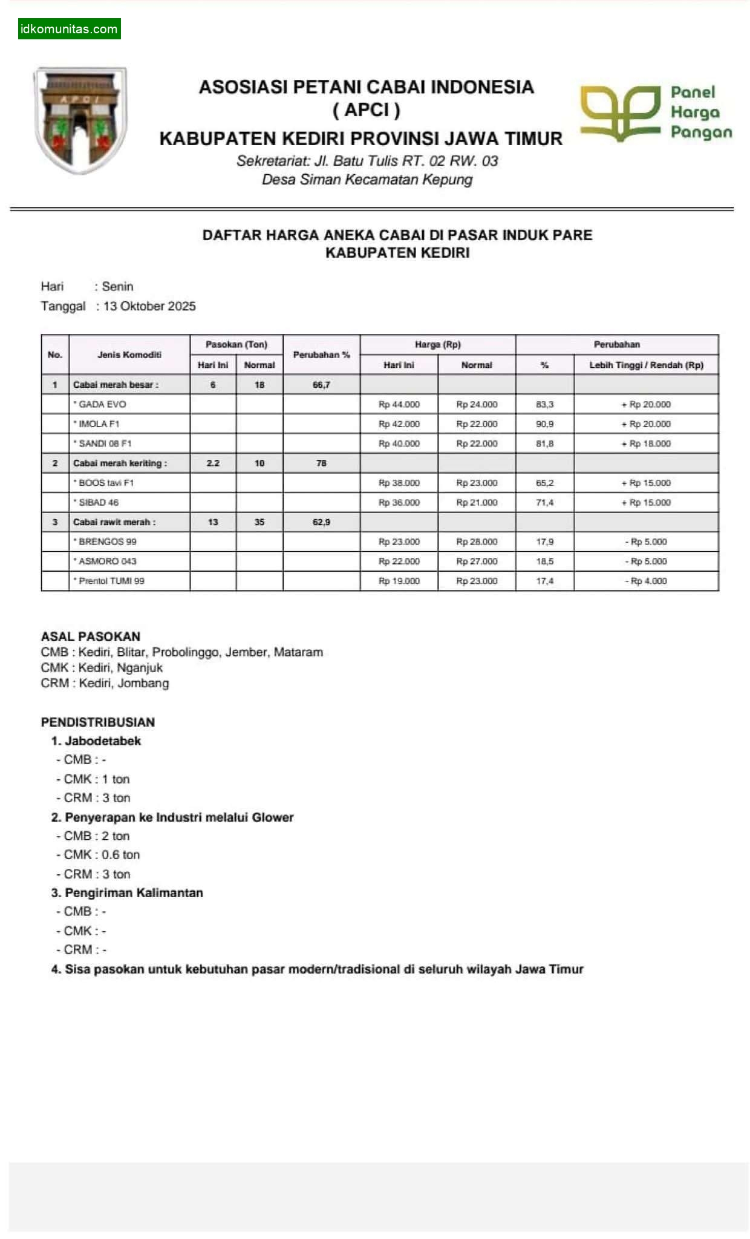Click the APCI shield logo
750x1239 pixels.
[80, 120]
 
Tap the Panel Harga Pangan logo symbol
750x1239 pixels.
[620, 113]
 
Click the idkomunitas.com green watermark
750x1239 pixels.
[69, 29]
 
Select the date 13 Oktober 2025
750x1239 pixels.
[149, 306]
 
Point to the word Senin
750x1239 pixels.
[117, 286]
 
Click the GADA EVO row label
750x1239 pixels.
[102, 404]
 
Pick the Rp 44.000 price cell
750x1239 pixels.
[399, 404]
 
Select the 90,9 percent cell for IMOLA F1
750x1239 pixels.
[544, 424]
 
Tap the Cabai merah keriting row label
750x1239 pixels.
[120, 463]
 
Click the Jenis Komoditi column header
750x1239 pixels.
[129, 355]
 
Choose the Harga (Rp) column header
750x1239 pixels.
[437, 344]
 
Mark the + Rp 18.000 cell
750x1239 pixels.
[646, 443]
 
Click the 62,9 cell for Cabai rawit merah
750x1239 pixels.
[321, 521]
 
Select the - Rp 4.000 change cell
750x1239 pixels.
[646, 581]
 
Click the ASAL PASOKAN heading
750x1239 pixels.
[91, 636]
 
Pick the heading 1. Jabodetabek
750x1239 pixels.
[96, 740]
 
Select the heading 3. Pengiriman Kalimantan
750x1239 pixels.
[127, 892]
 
